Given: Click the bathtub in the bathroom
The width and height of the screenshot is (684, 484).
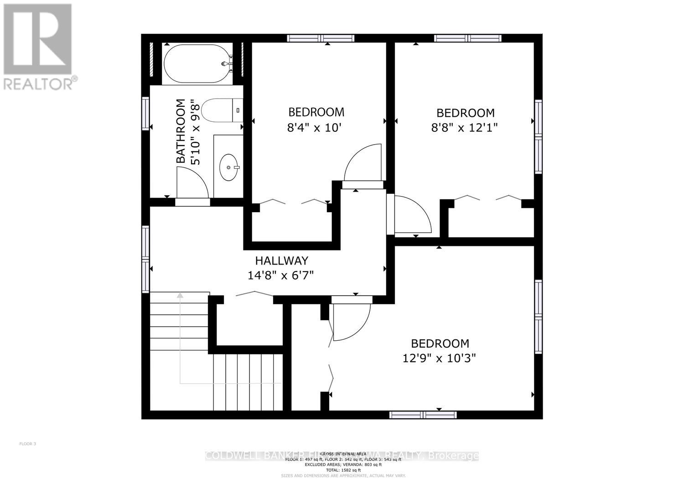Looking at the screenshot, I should [197, 64].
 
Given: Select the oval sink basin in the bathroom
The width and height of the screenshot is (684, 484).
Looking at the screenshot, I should [228, 167].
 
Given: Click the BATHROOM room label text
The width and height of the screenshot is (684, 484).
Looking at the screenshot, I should [181, 131].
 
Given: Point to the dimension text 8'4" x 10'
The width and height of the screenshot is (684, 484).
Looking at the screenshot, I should [315, 128].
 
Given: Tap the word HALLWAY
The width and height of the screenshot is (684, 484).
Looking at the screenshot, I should [281, 260].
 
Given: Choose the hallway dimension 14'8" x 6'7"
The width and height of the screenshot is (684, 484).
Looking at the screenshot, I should [281, 275].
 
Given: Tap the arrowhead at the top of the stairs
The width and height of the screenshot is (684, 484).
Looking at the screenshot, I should [180, 295].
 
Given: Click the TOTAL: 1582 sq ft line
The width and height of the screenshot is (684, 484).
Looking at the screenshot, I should [341, 470].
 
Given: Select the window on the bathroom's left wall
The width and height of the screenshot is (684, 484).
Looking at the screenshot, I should [145, 113].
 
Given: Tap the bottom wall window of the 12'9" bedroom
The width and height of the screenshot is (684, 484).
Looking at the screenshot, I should [423, 415].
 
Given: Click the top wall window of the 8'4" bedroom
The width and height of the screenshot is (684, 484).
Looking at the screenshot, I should [321, 38].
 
